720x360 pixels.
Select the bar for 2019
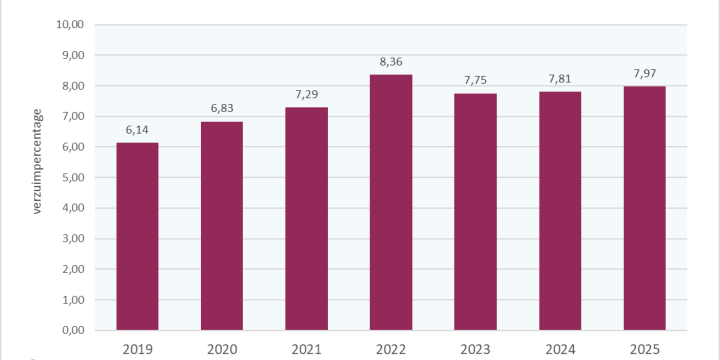pyautogui.click(x=137, y=236)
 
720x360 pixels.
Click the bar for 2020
pyautogui.click(x=222, y=226)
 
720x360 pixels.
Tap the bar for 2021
pyautogui.click(x=306, y=219)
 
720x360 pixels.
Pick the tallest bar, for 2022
pyautogui.click(x=391, y=202)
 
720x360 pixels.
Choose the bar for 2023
pyautogui.click(x=475, y=212)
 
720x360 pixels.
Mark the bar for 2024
pyautogui.click(x=560, y=211)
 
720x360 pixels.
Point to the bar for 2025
pyautogui.click(x=644, y=208)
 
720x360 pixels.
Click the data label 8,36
pyautogui.click(x=391, y=62)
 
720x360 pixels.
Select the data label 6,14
pyautogui.click(x=137, y=130)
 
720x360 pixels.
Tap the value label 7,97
pyautogui.click(x=644, y=74)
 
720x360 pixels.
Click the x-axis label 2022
pyautogui.click(x=391, y=348)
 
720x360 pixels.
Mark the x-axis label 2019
pyautogui.click(x=137, y=348)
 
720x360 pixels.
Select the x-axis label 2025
pyautogui.click(x=644, y=348)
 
